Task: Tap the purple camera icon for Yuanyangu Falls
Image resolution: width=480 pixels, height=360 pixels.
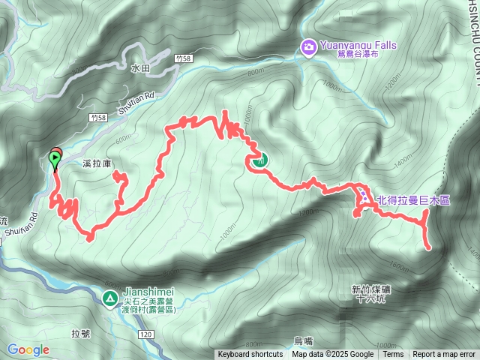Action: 308,48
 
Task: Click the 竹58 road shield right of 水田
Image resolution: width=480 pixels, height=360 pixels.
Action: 178,58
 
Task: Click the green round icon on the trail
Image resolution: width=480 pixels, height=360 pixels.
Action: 260,159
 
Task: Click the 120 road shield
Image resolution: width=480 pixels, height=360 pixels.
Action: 145,333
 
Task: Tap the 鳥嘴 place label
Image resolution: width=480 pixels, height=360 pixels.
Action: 302,340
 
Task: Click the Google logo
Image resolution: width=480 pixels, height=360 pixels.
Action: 28,349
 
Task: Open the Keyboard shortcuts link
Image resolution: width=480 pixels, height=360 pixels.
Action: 250,355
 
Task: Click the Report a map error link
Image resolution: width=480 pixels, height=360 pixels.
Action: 443,355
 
